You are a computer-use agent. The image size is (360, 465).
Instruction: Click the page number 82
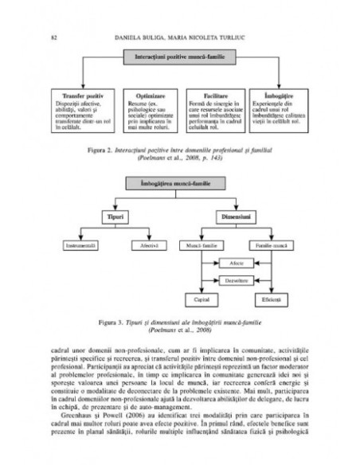(53, 37)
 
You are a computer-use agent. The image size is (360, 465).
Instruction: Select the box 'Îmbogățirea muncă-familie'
(181, 184)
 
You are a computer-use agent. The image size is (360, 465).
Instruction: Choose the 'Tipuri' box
(112, 216)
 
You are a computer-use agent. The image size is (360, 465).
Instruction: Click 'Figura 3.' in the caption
(112, 324)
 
